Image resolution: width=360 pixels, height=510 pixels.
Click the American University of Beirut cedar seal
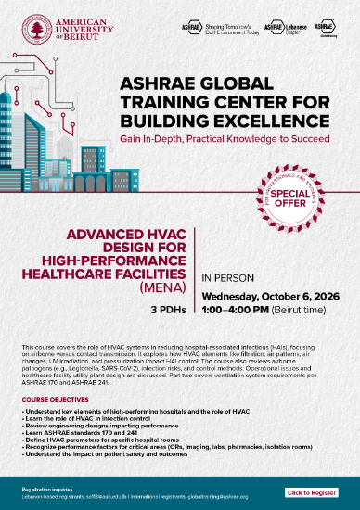(x=37, y=30)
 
